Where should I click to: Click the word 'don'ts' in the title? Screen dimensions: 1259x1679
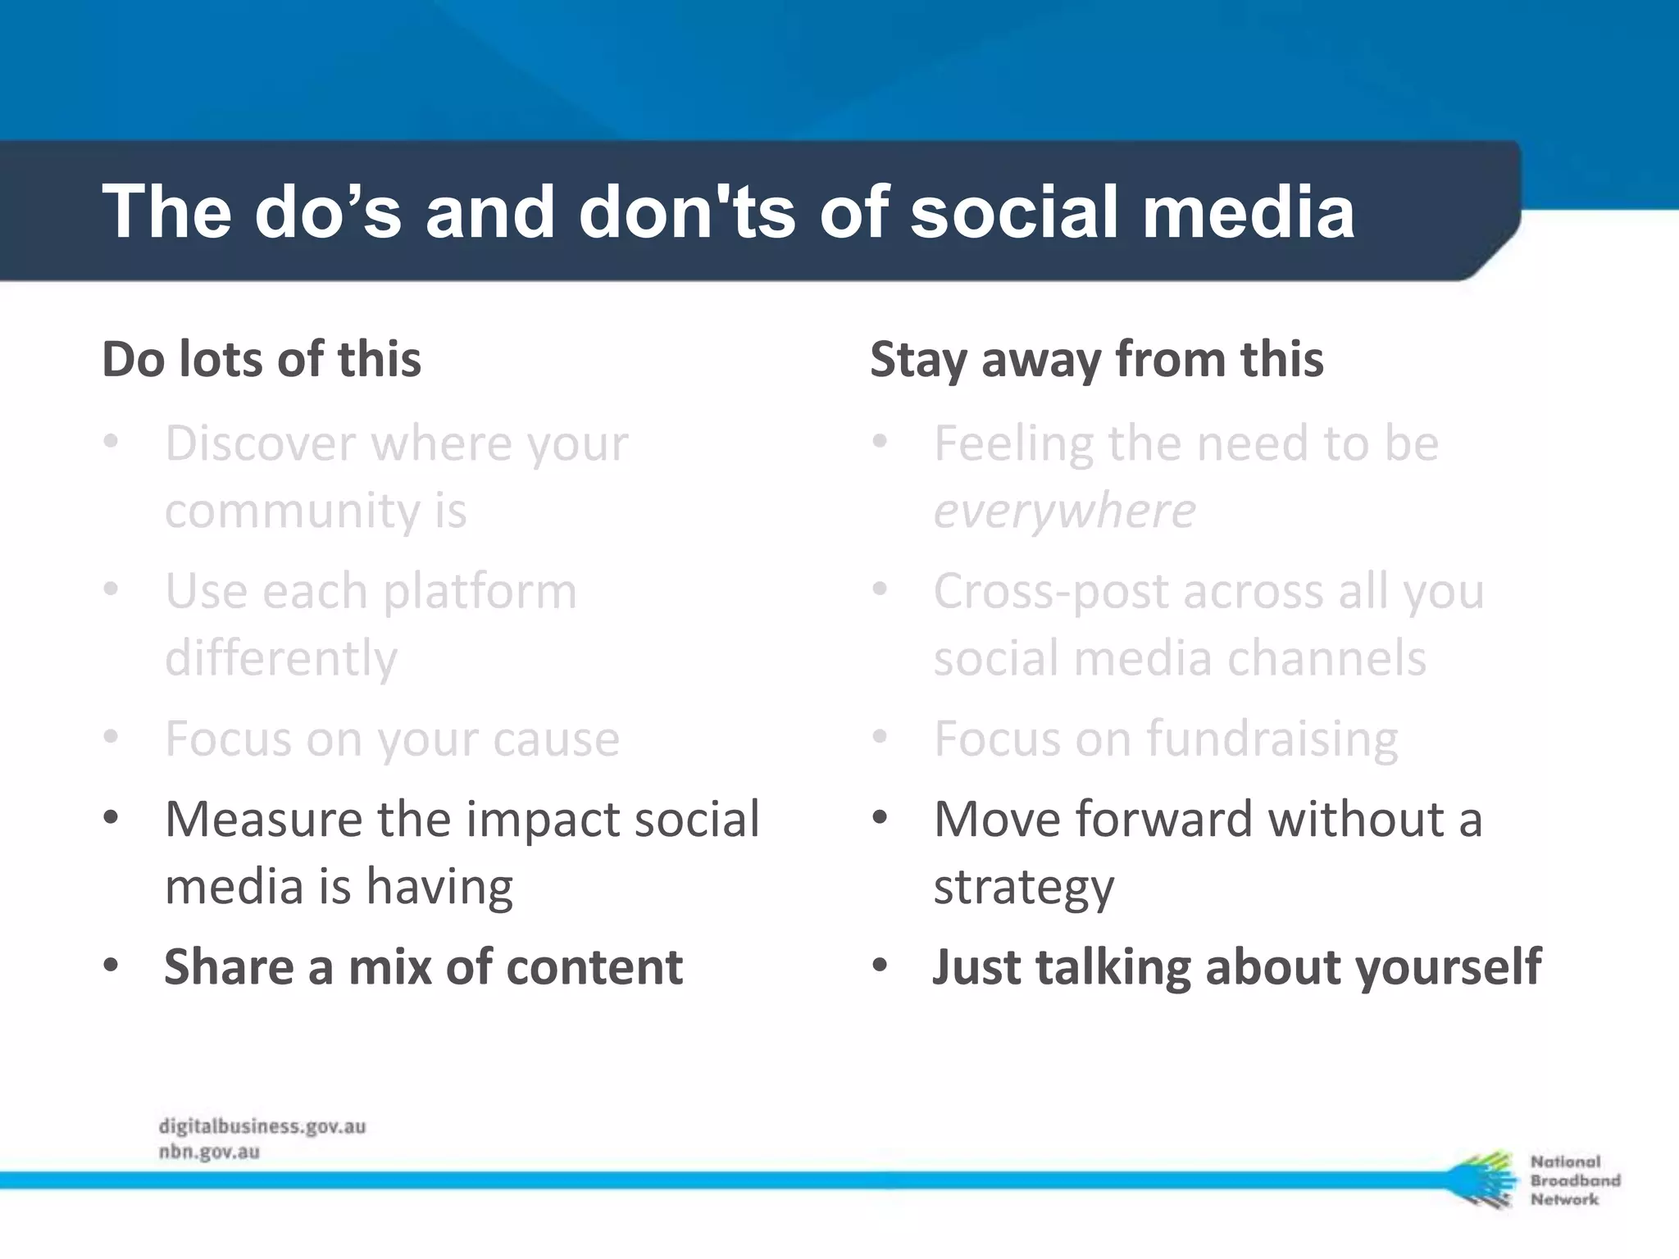(x=686, y=211)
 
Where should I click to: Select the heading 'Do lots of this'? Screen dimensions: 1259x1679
(x=261, y=359)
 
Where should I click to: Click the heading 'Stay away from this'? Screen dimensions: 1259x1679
(x=1096, y=359)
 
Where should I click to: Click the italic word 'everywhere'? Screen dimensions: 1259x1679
(x=1064, y=511)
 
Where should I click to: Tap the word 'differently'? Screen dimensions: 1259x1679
(x=280, y=658)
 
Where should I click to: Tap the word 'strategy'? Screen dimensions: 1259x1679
(x=1024, y=887)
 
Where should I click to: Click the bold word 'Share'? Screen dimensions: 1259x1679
(x=229, y=967)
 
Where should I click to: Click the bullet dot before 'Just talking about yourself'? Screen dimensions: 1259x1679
(x=880, y=966)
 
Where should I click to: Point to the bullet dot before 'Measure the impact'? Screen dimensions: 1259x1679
(x=111, y=817)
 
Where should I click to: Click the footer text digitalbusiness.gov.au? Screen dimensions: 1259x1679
(x=262, y=1126)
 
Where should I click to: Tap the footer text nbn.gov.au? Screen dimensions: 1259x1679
(x=209, y=1152)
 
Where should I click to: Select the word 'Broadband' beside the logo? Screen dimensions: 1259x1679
(x=1575, y=1180)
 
